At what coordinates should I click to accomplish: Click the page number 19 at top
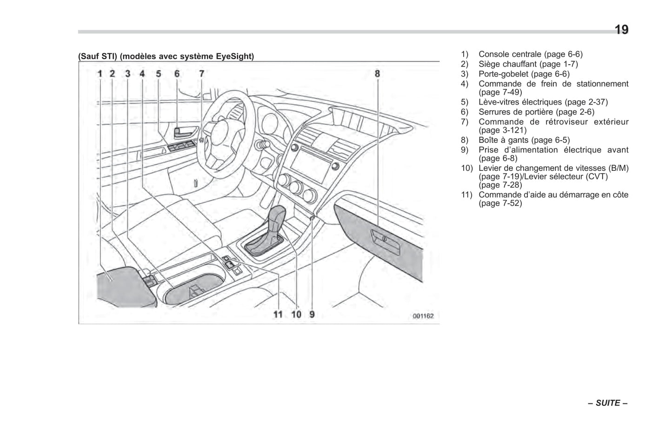pos(621,30)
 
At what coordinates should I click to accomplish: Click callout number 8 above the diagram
pos(377,74)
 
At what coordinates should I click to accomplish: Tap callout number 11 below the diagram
pos(278,315)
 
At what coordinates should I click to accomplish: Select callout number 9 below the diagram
pos(312,315)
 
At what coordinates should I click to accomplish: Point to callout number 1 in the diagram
pos(100,74)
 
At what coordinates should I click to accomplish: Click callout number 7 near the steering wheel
pos(201,74)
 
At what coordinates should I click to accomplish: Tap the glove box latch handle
pos(384,239)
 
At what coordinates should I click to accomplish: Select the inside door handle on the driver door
pos(185,132)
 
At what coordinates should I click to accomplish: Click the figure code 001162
pos(423,316)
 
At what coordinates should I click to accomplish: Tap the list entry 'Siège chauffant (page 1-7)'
pos(528,64)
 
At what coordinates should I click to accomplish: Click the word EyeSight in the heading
pos(235,56)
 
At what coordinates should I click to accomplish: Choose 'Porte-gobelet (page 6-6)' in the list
pos(524,74)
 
